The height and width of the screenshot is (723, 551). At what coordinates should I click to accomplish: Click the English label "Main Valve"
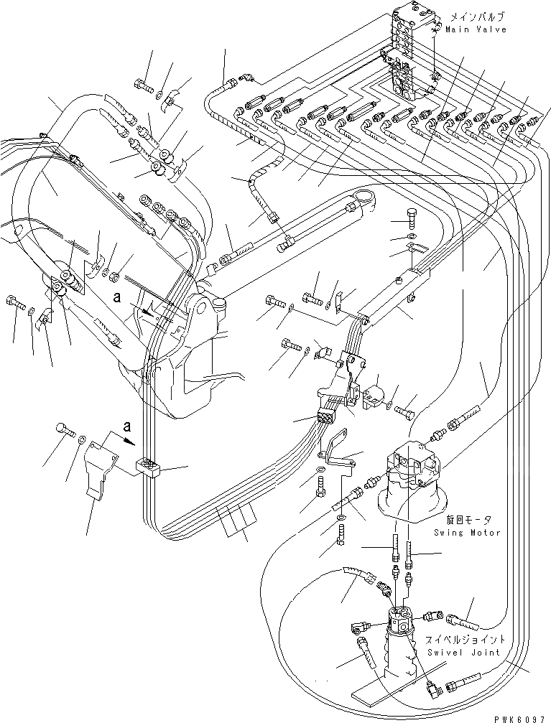tap(476, 29)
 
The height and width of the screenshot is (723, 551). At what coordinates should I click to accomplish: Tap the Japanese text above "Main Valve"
tap(477, 16)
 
